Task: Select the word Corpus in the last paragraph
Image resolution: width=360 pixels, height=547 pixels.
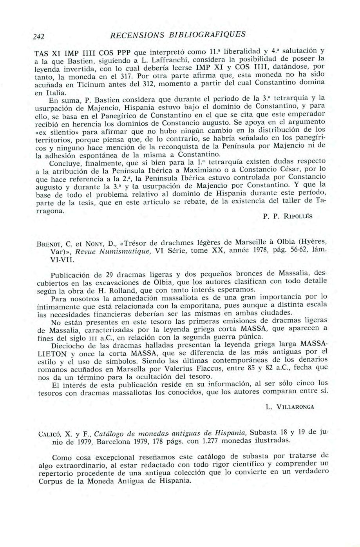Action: [51, 482]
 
